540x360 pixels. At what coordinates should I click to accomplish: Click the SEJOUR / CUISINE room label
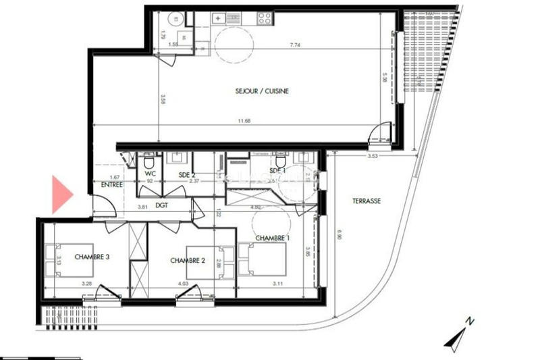coord(263,91)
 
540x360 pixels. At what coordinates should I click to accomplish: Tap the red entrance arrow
coord(61,194)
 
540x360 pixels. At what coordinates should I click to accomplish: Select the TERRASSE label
coord(367,201)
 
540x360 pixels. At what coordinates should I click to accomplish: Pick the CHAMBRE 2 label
coord(188,261)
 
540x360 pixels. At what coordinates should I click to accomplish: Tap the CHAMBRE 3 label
coord(92,256)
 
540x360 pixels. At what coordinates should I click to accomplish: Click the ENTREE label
coord(112,184)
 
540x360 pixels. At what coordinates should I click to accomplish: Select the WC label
coord(151,174)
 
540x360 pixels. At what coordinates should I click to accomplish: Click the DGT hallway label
coord(162,205)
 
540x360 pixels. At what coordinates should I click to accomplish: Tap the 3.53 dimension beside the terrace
coord(372,156)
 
